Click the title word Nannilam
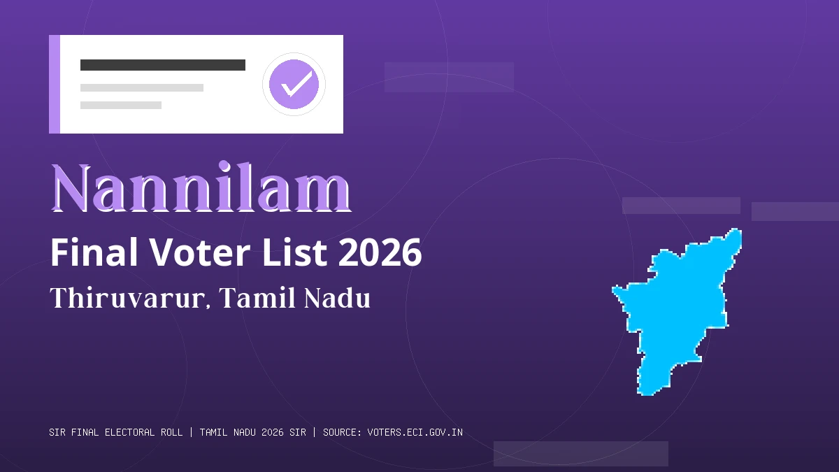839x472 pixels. coord(201,189)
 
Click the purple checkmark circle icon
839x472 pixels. coord(294,84)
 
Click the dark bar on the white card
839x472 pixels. coord(163,65)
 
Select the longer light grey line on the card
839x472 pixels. coord(142,88)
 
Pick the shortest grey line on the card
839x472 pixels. coord(121,105)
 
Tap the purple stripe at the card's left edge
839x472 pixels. coord(55,84)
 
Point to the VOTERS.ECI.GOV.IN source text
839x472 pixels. coord(415,432)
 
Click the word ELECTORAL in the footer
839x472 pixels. coord(131,432)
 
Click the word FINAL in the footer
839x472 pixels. coord(85,432)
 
